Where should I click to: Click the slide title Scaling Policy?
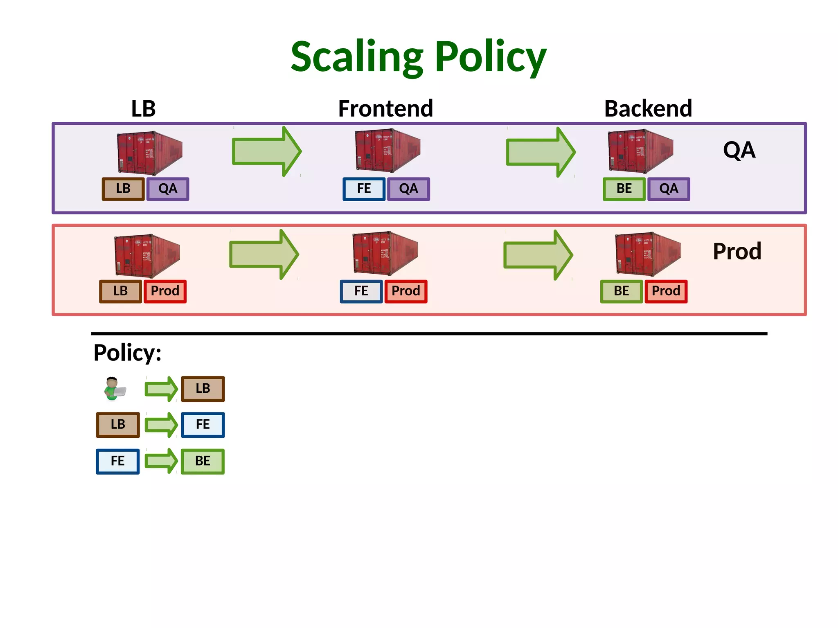[418, 57]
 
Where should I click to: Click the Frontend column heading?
[385, 109]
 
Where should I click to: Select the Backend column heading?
[648, 109]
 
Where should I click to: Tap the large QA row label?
[739, 150]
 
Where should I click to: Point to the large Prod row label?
[737, 251]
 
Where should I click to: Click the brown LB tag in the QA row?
[123, 189]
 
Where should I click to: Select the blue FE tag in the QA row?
[364, 189]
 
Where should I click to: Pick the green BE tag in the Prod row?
[621, 291]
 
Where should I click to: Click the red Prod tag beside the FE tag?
[405, 291]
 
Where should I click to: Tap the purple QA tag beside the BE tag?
[669, 189]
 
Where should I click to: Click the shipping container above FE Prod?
[385, 253]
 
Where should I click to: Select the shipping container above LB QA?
[149, 152]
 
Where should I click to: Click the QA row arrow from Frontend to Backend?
[540, 152]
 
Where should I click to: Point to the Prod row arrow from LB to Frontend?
[264, 254]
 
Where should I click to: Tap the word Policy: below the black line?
[127, 353]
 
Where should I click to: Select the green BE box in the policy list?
[203, 461]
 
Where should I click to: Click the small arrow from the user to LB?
[161, 389]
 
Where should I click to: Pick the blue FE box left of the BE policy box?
[118, 461]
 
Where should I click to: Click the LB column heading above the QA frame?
[143, 109]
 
